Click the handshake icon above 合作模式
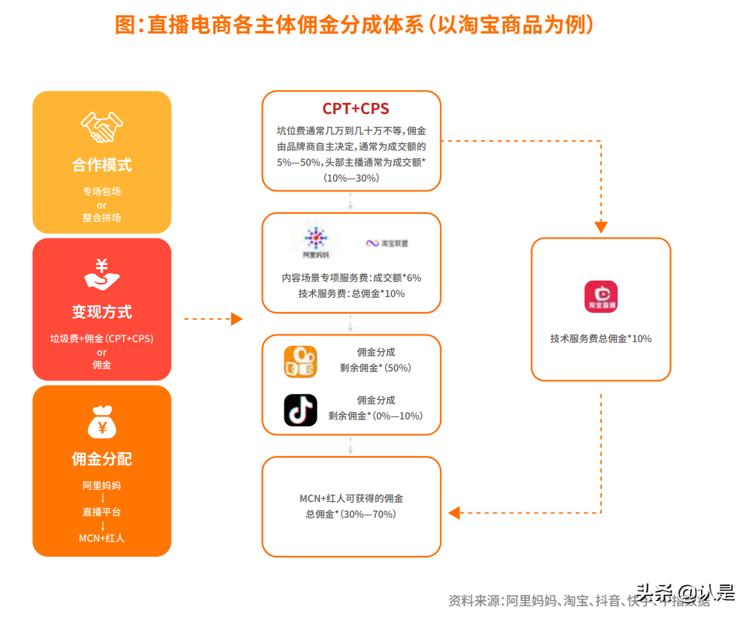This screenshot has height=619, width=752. coord(102,128)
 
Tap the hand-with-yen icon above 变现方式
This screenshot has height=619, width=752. coord(102,275)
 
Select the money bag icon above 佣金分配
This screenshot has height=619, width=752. coord(102,421)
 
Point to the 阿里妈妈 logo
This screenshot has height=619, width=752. coord(315,242)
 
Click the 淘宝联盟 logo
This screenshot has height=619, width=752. coord(387,243)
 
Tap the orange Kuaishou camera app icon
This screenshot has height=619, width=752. coord(300,361)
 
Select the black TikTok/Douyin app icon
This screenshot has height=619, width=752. coord(300,410)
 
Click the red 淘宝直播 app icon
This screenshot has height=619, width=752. coord(600,296)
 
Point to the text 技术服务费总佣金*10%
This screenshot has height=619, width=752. coord(600,338)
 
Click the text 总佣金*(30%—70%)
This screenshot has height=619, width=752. coord(350,514)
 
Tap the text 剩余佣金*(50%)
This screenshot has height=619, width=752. coord(375,368)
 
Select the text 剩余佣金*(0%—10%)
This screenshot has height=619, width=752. coord(375,416)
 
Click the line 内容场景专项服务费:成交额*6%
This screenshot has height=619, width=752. coord(351,278)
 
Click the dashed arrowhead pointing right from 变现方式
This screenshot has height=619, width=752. coord(236,319)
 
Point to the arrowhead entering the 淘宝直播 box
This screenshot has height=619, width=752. coord(600,227)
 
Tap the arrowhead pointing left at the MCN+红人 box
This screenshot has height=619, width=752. coord(454,513)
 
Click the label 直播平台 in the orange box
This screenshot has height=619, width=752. coord(102,512)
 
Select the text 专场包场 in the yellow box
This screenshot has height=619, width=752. coord(102,191)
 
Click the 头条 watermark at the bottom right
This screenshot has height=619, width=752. coord(654,592)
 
